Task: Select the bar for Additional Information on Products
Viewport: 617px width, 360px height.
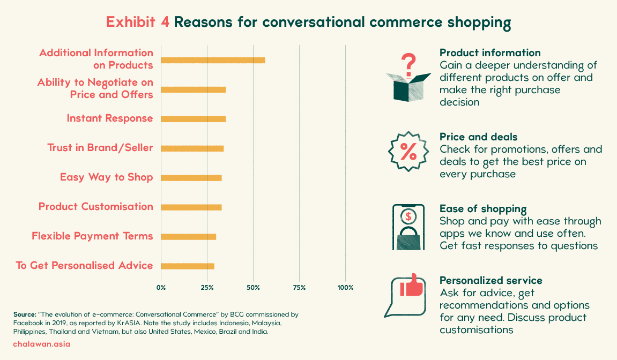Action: click(x=213, y=60)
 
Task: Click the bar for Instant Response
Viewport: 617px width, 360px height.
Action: click(x=193, y=119)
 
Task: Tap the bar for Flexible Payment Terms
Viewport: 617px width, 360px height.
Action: click(x=189, y=237)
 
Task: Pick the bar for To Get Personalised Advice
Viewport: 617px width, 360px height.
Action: click(x=188, y=266)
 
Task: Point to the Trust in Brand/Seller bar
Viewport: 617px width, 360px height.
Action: click(x=192, y=148)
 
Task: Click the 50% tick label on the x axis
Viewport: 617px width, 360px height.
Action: click(x=254, y=288)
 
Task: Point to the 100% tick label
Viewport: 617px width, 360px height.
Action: click(x=346, y=288)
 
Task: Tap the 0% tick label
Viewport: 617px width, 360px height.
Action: click(x=161, y=288)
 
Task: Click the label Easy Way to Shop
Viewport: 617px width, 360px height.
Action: click(x=106, y=177)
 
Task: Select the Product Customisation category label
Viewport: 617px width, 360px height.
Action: click(x=95, y=207)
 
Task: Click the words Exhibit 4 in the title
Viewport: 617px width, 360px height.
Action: click(x=137, y=22)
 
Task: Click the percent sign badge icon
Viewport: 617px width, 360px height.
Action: click(x=408, y=152)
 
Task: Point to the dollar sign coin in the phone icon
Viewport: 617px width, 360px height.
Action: click(x=408, y=216)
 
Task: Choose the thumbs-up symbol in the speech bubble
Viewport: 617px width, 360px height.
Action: click(x=412, y=285)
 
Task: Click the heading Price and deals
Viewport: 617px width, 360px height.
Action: click(x=479, y=137)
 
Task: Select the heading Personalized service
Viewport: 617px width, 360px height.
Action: click(x=490, y=281)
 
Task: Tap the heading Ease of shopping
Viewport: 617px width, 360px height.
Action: click(x=483, y=209)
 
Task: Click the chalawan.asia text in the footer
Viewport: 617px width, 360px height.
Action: click(x=42, y=344)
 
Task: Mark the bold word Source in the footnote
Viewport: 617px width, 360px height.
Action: click(x=25, y=314)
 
